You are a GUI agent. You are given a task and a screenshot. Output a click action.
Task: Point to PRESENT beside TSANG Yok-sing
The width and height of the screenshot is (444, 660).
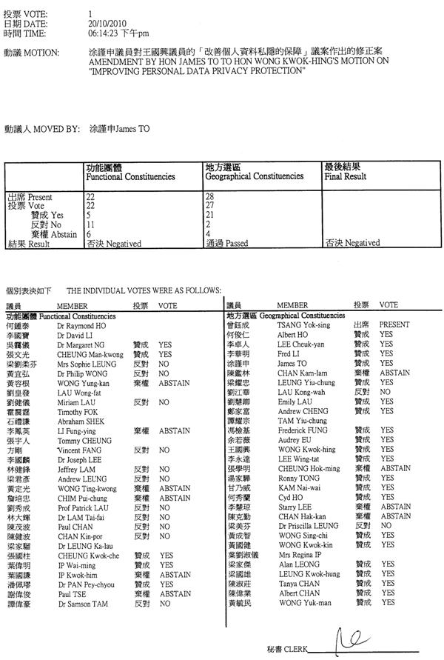pos(394,325)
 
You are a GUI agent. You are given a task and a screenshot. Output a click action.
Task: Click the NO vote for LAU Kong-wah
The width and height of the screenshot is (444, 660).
pos(384,392)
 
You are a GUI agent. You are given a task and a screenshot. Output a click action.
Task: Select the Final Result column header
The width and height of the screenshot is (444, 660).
pos(345,177)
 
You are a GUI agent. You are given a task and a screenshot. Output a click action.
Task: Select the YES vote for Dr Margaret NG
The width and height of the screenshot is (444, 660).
pos(165,344)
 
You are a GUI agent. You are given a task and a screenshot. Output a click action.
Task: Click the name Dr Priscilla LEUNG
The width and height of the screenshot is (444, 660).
pos(308,525)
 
